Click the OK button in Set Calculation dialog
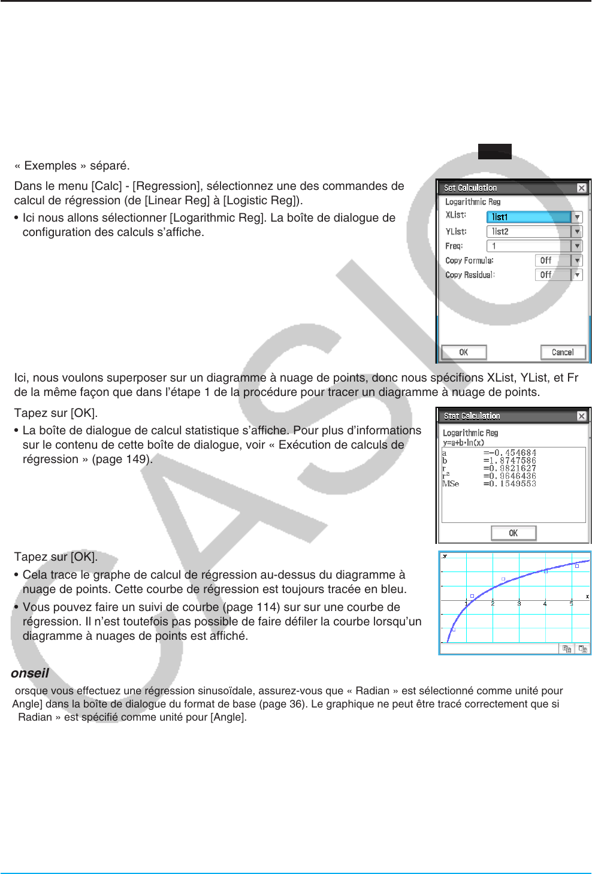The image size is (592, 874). click(464, 352)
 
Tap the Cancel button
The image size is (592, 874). click(562, 352)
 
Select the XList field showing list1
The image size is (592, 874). click(529, 217)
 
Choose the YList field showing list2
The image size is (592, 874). click(529, 231)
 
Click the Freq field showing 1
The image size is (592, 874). click(529, 246)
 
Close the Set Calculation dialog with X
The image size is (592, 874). click(581, 188)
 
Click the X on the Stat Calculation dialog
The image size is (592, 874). click(581, 416)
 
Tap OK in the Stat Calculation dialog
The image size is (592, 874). click(514, 533)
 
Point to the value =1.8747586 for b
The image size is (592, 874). click(510, 461)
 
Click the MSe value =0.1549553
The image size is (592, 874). click(510, 484)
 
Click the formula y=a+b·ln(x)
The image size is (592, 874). click(463, 443)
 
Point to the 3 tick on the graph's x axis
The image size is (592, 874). click(519, 604)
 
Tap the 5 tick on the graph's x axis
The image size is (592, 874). click(571, 604)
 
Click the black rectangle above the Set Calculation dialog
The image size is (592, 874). click(494, 152)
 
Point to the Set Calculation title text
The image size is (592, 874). click(470, 188)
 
